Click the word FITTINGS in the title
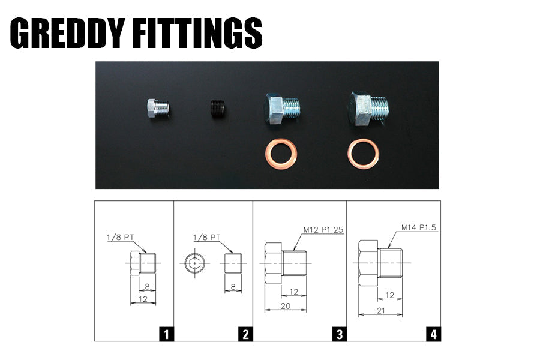(x=204, y=33)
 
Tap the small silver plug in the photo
(x=158, y=108)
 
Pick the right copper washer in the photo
(x=363, y=154)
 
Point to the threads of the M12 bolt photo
(x=291, y=108)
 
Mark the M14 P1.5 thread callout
(x=419, y=228)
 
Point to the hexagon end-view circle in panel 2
(x=194, y=263)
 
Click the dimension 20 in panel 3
(x=285, y=305)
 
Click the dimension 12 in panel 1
(x=143, y=298)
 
